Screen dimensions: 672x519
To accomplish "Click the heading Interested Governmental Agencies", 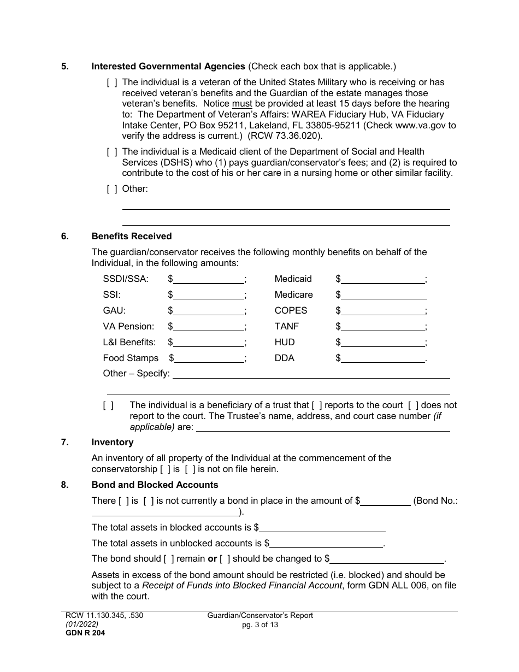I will coord(168,67).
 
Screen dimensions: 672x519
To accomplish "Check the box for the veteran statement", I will coord(111,82).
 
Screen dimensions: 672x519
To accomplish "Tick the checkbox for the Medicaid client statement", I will coord(111,151).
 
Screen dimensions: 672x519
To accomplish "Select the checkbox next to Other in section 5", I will coord(111,189).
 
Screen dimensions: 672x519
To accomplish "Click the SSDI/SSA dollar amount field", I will coord(208,279).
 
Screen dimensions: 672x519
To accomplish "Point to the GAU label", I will coord(114,310).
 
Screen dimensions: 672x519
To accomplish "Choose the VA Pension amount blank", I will coord(208,327).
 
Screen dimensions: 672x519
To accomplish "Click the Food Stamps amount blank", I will coord(208,358).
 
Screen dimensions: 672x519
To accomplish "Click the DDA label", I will coord(284,358).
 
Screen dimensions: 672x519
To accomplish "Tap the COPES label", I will coord(291,310).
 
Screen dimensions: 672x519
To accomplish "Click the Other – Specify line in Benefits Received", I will coord(311,374).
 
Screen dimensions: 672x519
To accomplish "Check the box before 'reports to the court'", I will coord(317,405).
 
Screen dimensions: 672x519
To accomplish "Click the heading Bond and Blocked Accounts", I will coord(155,485).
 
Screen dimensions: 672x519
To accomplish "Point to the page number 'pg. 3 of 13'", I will coord(260,624).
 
